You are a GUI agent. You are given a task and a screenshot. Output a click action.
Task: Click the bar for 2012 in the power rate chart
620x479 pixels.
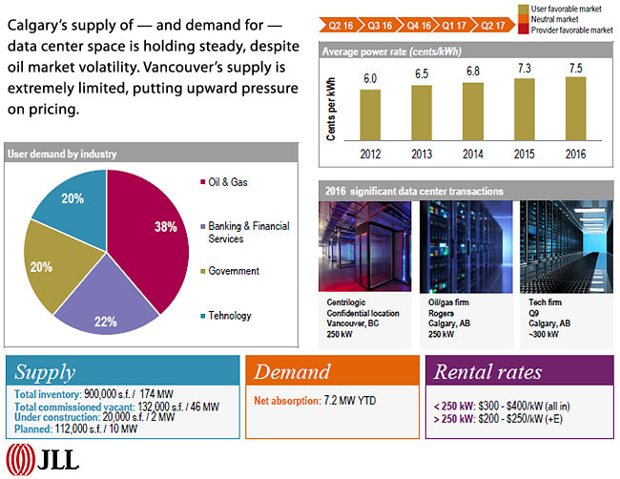click(x=370, y=115)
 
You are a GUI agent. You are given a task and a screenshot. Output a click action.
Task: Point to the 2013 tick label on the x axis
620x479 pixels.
click(x=422, y=153)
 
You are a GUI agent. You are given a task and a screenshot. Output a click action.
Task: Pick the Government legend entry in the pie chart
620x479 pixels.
click(x=233, y=271)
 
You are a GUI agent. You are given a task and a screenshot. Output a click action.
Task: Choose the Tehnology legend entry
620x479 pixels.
click(x=229, y=316)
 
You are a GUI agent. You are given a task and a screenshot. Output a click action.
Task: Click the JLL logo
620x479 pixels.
click(x=44, y=459)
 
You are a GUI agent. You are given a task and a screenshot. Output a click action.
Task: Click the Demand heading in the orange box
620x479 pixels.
click(x=292, y=372)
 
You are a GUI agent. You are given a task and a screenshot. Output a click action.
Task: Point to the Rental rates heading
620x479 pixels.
click(x=489, y=372)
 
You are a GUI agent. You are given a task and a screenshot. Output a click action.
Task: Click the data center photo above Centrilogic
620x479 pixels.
click(x=365, y=247)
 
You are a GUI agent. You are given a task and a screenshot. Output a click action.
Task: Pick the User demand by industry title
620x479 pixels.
click(x=62, y=154)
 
